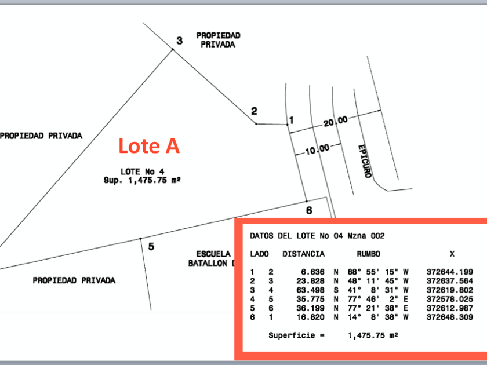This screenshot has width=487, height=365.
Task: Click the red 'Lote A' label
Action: coord(149,146)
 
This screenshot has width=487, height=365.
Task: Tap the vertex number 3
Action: coord(180,41)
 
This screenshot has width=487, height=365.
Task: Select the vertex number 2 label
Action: coord(254,111)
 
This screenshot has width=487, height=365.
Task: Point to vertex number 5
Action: coord(151,247)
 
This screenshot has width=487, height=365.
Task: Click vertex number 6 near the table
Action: coord(309,211)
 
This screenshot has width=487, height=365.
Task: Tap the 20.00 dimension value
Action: coord(336,121)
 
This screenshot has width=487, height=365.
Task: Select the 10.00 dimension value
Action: coord(317,149)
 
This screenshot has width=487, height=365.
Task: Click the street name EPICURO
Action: coord(364,162)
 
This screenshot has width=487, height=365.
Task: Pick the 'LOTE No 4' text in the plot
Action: coord(143,171)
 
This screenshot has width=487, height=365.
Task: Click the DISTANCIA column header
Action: coord(303,254)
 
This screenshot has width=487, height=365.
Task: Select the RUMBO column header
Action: coord(368,254)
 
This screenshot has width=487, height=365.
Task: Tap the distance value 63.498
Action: coord(310,290)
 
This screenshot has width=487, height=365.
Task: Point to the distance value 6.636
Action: coord(312,272)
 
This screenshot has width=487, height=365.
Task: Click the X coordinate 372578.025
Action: coord(450,299)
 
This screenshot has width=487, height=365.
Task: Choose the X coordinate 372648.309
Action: coord(450,317)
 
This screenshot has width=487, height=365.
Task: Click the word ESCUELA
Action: coord(213,254)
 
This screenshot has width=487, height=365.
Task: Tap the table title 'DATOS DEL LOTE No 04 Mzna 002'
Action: coord(317,236)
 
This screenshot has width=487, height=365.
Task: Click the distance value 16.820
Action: coord(310,317)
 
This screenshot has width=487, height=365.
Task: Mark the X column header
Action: coord(452,254)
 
